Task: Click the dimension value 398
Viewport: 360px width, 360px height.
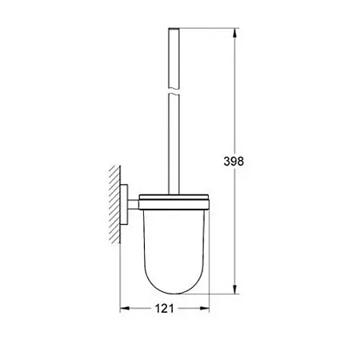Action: coord(234,162)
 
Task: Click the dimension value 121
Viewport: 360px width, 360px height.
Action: coord(164,309)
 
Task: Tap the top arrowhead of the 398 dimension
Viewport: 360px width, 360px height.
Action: coord(234,33)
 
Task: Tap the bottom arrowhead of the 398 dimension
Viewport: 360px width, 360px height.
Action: coord(234,290)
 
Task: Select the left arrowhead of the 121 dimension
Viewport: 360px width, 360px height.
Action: coord(125,309)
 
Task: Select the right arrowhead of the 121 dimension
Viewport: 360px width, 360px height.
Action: coord(205,309)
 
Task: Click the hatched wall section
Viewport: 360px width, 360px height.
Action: coord(114,204)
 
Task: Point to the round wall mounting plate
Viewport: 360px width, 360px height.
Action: coord(124,205)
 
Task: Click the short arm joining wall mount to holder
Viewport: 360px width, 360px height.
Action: coord(134,205)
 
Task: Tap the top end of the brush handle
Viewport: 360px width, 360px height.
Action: coord(174,28)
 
